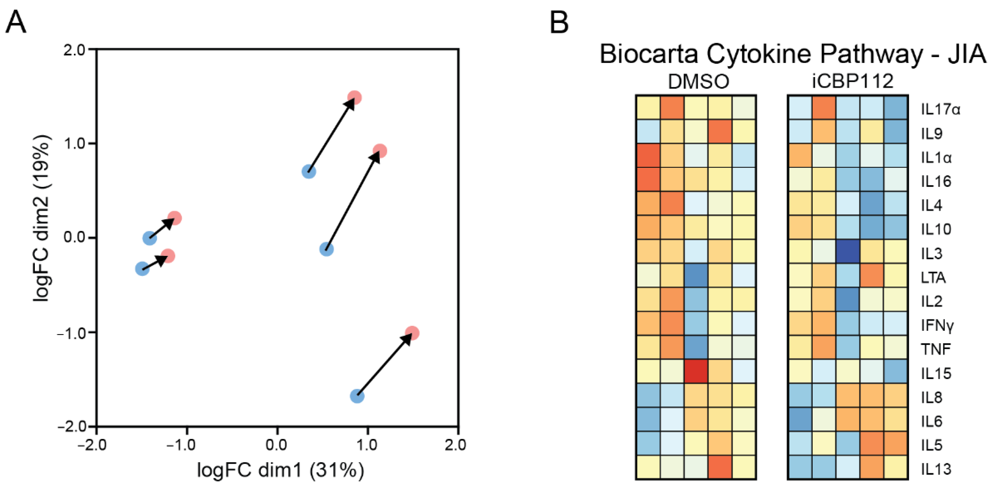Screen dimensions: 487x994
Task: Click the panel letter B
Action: pos(559,22)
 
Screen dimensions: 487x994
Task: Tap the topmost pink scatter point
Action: pos(354,97)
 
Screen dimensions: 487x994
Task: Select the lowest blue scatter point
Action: pos(357,396)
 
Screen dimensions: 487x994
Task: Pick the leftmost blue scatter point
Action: pos(142,269)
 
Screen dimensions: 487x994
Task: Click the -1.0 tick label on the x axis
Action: pos(181,445)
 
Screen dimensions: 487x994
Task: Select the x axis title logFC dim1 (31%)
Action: pos(281,470)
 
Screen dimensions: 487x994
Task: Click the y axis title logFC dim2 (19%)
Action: pos(42,218)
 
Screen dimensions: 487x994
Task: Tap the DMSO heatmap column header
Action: pos(698,82)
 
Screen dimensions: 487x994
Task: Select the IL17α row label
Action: pos(940,109)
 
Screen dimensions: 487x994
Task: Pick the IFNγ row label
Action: pos(937,326)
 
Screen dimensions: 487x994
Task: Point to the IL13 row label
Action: pos(936,469)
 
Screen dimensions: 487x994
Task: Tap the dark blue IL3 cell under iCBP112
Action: pos(848,251)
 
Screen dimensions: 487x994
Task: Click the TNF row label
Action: pos(935,349)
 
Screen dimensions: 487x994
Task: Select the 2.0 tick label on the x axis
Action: pos(455,445)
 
